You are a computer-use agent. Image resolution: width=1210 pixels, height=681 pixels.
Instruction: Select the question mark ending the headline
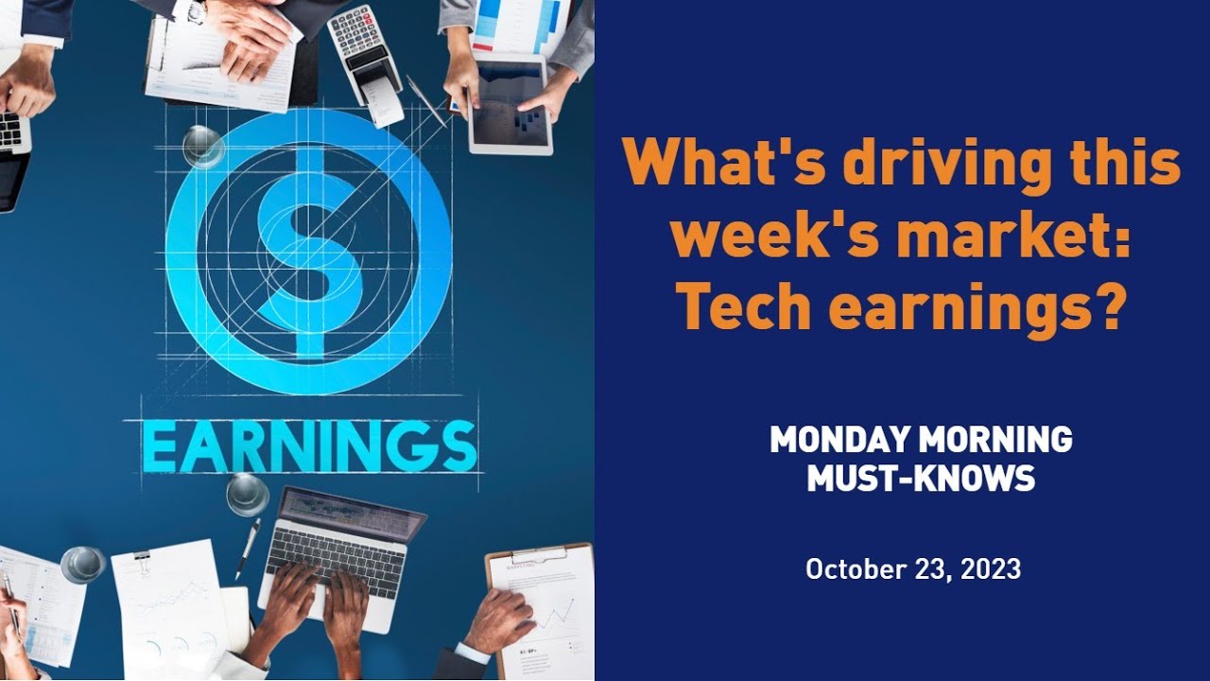pos(1109,306)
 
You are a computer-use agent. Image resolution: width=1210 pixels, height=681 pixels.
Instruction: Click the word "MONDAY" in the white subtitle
pos(839,440)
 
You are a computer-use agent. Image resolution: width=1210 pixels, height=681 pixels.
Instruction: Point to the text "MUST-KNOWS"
pos(920,479)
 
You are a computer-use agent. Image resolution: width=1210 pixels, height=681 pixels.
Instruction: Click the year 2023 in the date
pos(986,569)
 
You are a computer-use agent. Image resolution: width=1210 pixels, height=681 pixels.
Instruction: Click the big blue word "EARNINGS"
pos(310,446)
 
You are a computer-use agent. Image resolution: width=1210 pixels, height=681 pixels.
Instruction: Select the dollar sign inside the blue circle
pos(308,252)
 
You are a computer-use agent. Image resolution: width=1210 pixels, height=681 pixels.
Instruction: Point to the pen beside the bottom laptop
pos(249,549)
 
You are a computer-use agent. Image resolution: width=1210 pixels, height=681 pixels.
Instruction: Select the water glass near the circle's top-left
pos(203,147)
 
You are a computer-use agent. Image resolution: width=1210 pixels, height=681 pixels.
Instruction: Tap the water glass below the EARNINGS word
pos(247,495)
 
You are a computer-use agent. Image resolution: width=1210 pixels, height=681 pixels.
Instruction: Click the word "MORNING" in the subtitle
pos(996,440)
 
